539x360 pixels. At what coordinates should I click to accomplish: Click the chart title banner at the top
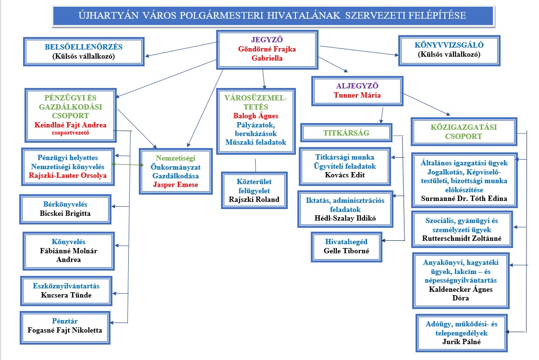point(272,15)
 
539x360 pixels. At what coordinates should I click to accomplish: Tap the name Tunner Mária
point(357,95)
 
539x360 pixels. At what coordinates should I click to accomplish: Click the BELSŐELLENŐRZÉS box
point(84,51)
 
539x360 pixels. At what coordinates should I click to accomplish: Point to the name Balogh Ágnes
point(256,116)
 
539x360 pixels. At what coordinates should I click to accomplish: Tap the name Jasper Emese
point(175,185)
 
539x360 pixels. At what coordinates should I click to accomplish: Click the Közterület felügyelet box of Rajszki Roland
point(254,190)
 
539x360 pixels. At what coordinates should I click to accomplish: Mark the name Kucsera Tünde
point(65,295)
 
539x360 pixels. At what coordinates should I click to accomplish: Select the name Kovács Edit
point(344,175)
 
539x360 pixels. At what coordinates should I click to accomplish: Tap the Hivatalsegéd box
point(346,246)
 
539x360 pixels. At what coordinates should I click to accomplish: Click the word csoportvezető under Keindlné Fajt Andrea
point(71,134)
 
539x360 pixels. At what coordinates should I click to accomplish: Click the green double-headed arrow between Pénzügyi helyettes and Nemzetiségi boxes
point(128,164)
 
